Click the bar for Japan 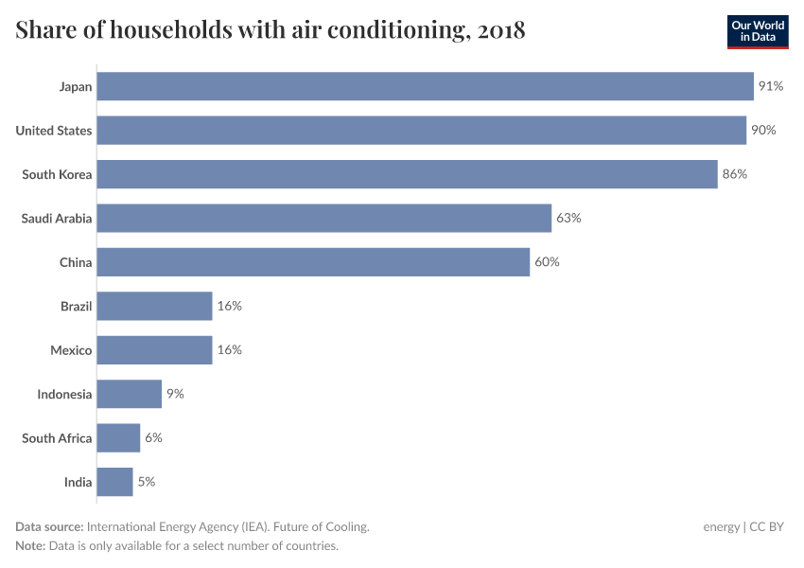(425, 86)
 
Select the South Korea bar (407, 174)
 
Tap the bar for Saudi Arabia (323, 218)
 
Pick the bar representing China (313, 262)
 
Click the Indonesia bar (129, 394)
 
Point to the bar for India (114, 482)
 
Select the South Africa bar (118, 438)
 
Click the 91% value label (770, 86)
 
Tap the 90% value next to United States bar (763, 131)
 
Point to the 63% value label (568, 218)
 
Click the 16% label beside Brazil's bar (230, 306)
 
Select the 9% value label (175, 394)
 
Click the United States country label (54, 131)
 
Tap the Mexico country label (71, 350)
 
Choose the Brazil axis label (76, 306)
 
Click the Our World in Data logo (757, 31)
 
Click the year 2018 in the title (501, 30)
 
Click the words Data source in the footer (49, 527)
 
